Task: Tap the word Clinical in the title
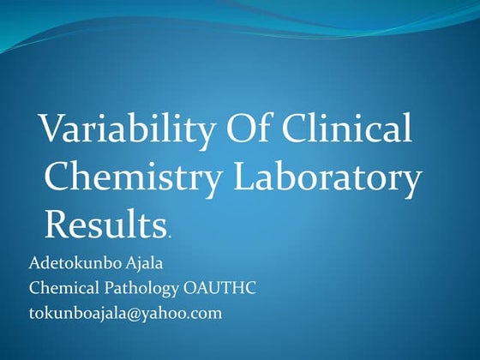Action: (351, 130)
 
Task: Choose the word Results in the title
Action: (105, 224)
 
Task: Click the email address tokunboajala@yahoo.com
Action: (125, 313)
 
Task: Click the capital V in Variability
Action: (54, 131)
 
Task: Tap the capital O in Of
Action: (240, 130)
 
